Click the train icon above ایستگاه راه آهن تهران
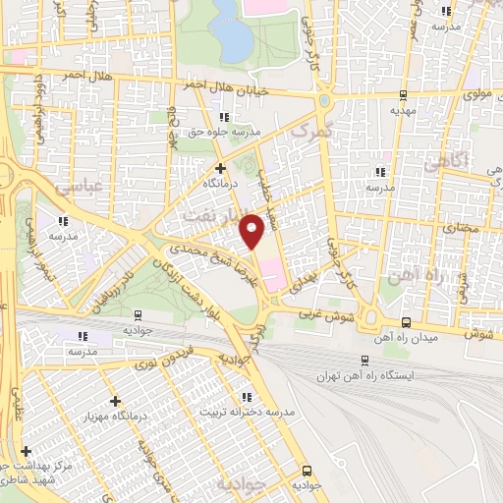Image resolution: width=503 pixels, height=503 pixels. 364,360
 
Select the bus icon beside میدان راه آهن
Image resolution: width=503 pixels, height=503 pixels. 406,322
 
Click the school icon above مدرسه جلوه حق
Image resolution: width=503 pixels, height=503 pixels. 226,117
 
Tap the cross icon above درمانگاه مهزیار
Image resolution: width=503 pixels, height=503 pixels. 116,401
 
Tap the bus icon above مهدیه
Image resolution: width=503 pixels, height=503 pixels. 403,96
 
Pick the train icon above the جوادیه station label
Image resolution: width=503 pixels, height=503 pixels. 138,316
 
